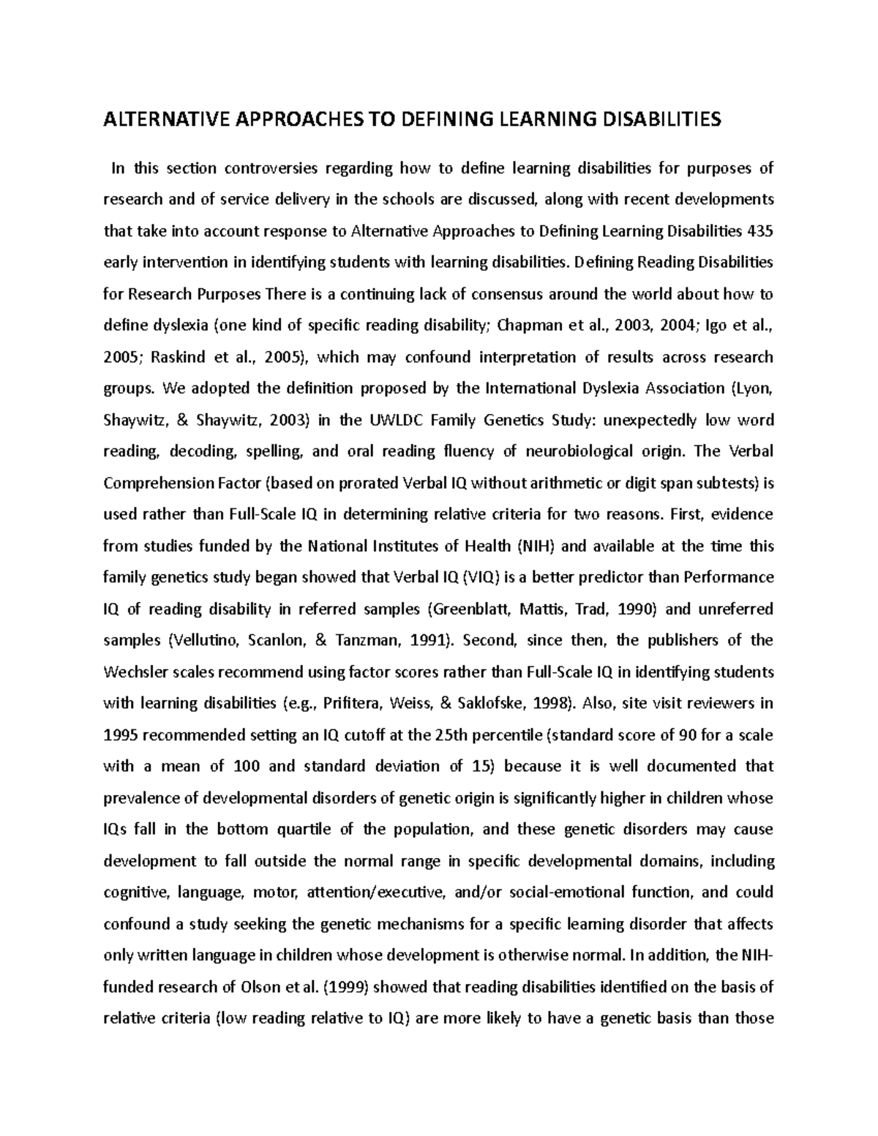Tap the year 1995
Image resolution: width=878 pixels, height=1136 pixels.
(119, 734)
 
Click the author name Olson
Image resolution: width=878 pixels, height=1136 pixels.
(260, 987)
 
